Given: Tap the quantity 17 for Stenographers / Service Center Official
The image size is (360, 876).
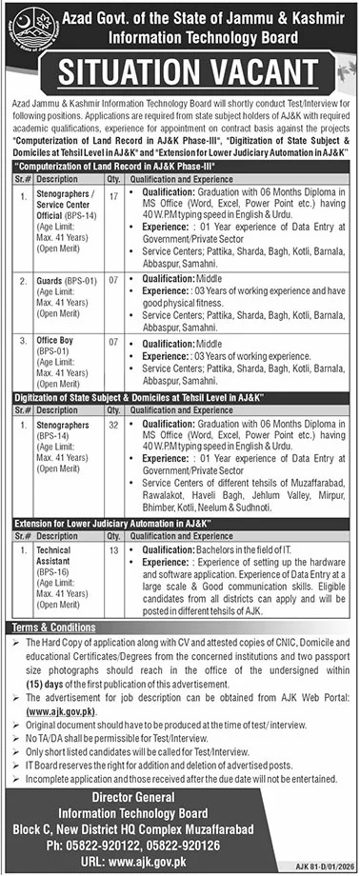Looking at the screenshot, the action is pyautogui.click(x=113, y=196).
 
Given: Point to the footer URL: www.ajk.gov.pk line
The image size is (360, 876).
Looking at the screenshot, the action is pyautogui.click(x=180, y=847).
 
